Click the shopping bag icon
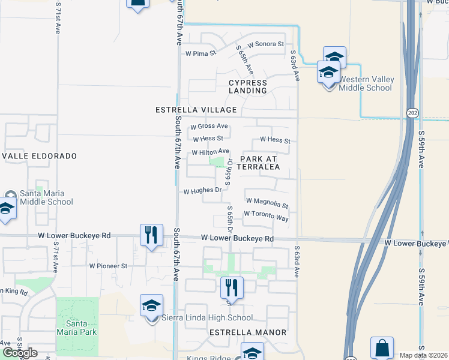(x=382, y=348)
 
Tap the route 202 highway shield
(x=412, y=112)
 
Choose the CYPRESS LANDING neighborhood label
(x=247, y=86)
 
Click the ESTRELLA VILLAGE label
(x=196, y=110)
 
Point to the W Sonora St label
(x=264, y=44)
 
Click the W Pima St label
(x=200, y=53)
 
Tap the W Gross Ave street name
(x=209, y=127)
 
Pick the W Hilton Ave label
(x=211, y=152)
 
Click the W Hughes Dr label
(x=203, y=191)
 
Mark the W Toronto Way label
(x=266, y=217)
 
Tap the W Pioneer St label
(x=108, y=265)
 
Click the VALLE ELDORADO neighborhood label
(x=40, y=156)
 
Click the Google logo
(x=20, y=353)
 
